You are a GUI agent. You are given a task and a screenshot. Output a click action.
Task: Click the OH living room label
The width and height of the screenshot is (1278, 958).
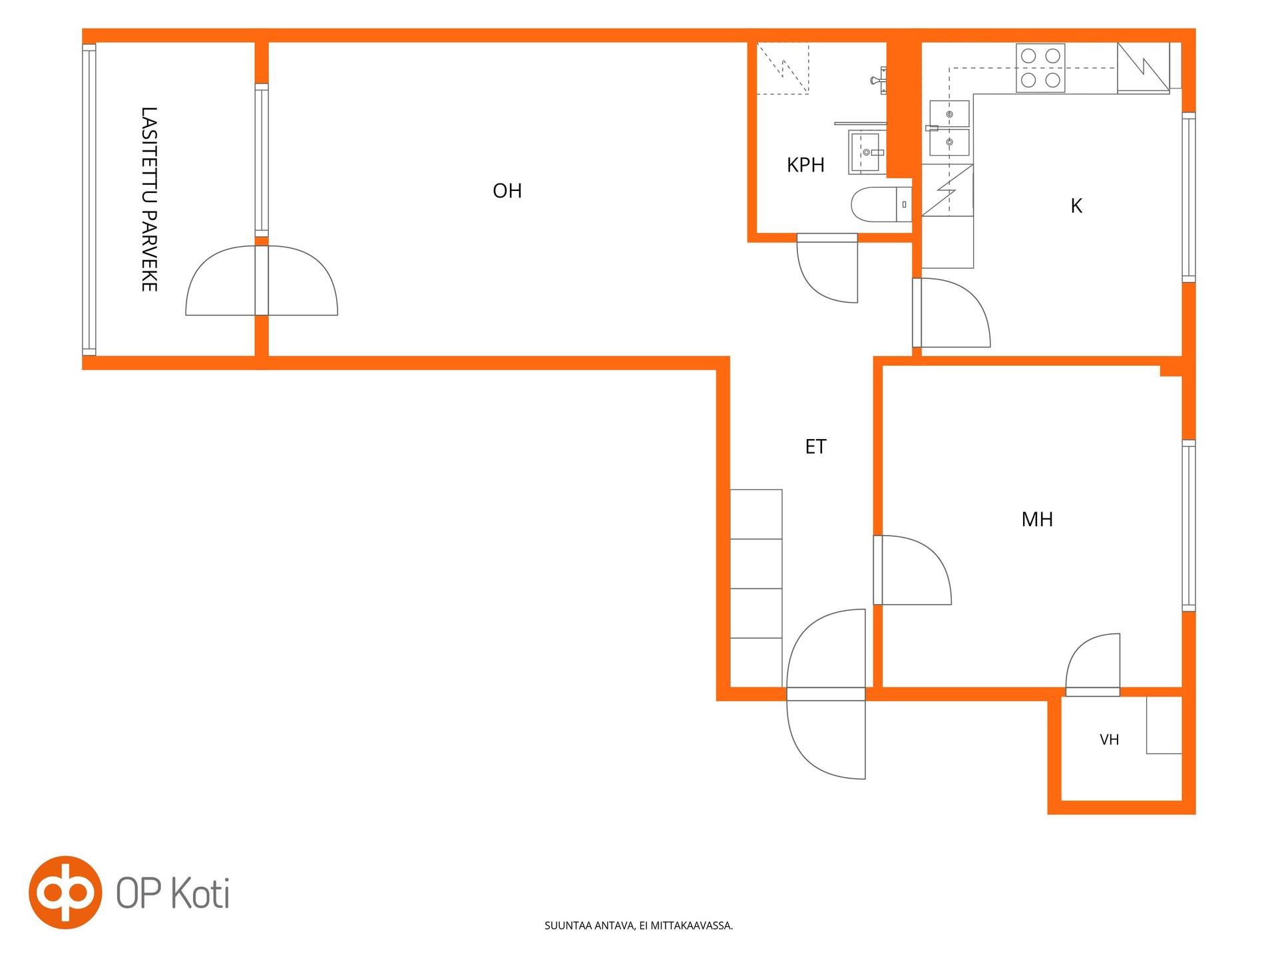click(507, 191)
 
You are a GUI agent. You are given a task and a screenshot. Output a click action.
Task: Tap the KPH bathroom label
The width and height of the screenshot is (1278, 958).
click(805, 165)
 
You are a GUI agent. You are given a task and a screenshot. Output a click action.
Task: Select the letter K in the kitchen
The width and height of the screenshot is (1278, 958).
click(1076, 206)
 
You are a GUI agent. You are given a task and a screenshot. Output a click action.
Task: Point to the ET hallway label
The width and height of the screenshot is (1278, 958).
click(815, 446)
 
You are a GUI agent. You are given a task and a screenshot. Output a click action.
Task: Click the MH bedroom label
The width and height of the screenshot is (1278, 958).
click(1037, 519)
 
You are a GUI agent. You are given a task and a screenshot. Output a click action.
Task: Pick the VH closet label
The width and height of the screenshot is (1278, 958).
click(1109, 739)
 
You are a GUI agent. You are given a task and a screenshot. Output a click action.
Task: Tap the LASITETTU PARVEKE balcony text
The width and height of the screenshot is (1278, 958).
click(149, 199)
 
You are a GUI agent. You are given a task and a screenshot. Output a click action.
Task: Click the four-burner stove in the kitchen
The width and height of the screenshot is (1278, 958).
click(1040, 68)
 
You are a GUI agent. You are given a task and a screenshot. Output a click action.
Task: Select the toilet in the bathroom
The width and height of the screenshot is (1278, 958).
click(881, 204)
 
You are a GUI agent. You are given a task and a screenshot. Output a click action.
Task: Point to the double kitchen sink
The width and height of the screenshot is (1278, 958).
click(949, 128)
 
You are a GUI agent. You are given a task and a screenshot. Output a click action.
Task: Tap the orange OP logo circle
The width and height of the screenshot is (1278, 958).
click(65, 892)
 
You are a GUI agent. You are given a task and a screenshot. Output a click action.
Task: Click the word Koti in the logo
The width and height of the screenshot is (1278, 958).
click(200, 893)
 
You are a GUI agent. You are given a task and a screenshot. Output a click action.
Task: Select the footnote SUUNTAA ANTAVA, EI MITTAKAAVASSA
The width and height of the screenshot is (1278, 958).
click(638, 925)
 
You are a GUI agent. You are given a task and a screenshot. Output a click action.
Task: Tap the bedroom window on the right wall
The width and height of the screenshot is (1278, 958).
click(1189, 526)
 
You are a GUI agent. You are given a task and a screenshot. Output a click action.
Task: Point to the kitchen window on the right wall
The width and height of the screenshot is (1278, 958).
click(1189, 198)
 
